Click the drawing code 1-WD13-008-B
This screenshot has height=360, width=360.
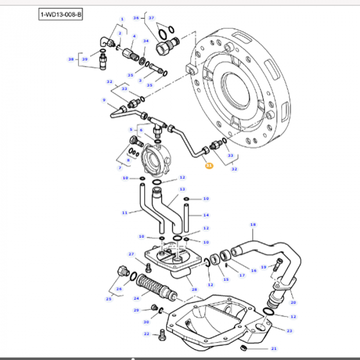coord(61,14)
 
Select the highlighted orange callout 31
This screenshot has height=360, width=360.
coord(208,166)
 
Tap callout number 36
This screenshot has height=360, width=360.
coord(136,18)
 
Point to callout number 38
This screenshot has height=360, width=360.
coord(71,59)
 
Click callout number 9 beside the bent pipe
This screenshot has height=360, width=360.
coord(104,100)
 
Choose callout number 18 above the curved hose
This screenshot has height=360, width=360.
coord(253,225)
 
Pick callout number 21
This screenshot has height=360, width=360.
coord(274,348)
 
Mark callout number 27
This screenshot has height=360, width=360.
coord(131,254)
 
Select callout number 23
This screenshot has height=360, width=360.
coord(290,331)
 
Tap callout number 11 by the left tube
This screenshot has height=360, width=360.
coord(124,212)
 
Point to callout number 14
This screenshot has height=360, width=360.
coord(206,215)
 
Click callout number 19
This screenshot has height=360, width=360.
coord(263,267)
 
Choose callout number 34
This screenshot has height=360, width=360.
coord(146,41)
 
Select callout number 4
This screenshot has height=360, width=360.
coord(134,36)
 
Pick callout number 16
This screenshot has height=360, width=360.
coord(253,270)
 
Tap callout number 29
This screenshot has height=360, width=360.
coord(136,310)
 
